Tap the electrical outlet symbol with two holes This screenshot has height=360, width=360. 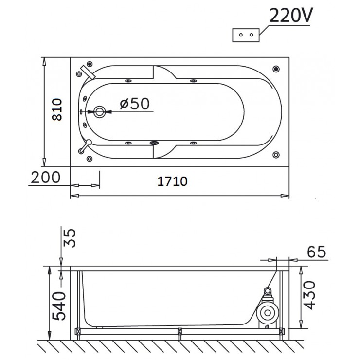click(x=246, y=36)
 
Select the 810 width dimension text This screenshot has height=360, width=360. click(x=56, y=111)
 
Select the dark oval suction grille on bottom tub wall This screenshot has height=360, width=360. click(x=155, y=143)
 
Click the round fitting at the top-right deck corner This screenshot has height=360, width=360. click(x=276, y=69)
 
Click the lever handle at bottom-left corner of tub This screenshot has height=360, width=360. click(x=86, y=145)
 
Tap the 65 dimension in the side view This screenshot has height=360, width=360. click(x=316, y=252)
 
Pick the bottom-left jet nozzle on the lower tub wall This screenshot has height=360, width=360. click(x=128, y=143)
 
